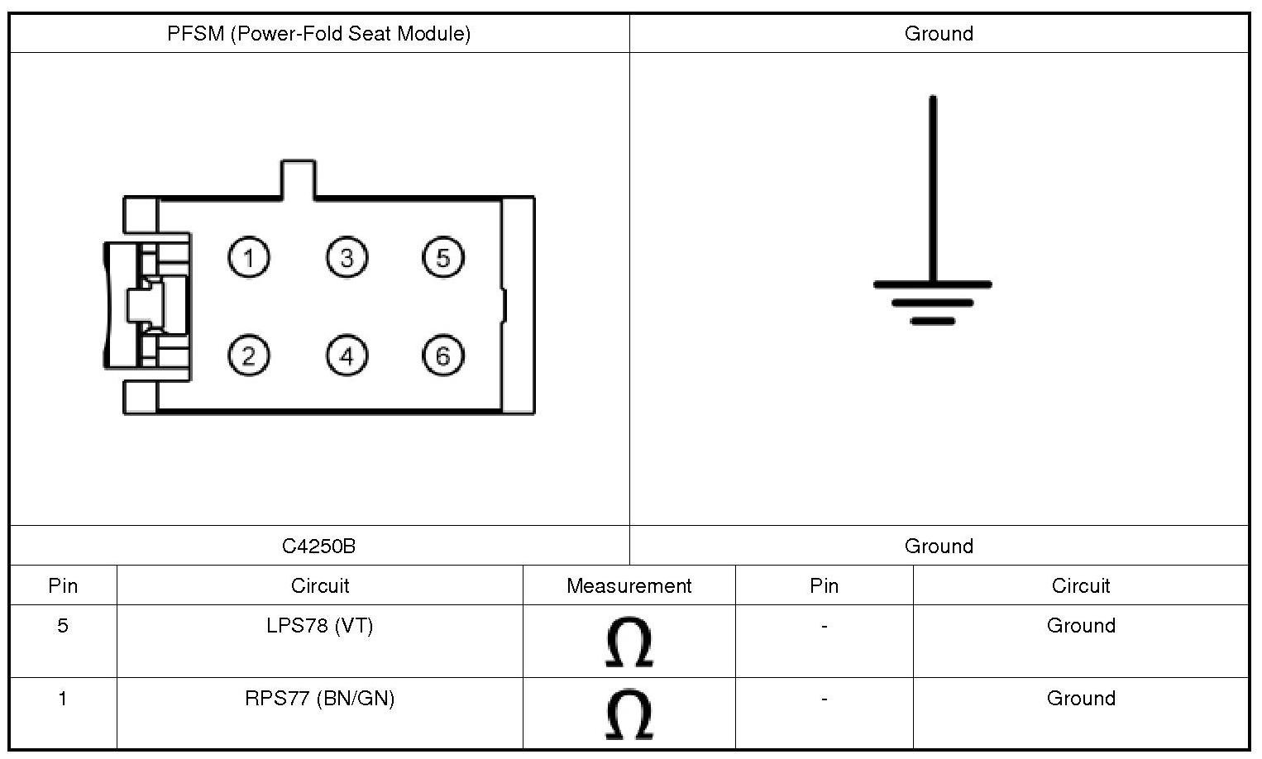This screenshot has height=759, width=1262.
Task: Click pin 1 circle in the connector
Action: coord(249,258)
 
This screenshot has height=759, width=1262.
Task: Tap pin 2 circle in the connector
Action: coord(249,356)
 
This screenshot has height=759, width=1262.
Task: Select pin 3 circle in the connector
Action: coord(347,258)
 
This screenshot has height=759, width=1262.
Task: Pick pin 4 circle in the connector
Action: coord(347,356)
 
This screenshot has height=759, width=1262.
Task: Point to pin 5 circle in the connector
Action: coord(443,258)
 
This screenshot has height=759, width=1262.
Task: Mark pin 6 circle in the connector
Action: coord(443,356)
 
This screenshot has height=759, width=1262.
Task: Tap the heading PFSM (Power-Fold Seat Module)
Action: coord(318,34)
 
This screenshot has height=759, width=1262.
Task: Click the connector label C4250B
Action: coord(318,546)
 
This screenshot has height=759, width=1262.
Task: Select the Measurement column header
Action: coord(629,585)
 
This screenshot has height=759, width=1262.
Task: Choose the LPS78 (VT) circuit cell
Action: coord(319,626)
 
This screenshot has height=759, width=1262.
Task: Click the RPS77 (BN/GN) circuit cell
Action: coord(319,699)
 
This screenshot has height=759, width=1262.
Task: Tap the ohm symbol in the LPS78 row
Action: coord(629,642)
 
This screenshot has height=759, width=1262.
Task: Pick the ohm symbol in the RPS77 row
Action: coord(629,714)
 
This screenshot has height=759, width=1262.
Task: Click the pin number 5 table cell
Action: coord(63,626)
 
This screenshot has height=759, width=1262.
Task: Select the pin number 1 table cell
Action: coord(63,699)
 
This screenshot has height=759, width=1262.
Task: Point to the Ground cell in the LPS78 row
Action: coord(1081,626)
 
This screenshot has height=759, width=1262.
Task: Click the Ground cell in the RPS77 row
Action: coord(1081,699)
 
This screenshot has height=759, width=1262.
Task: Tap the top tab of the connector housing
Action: coord(298,179)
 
